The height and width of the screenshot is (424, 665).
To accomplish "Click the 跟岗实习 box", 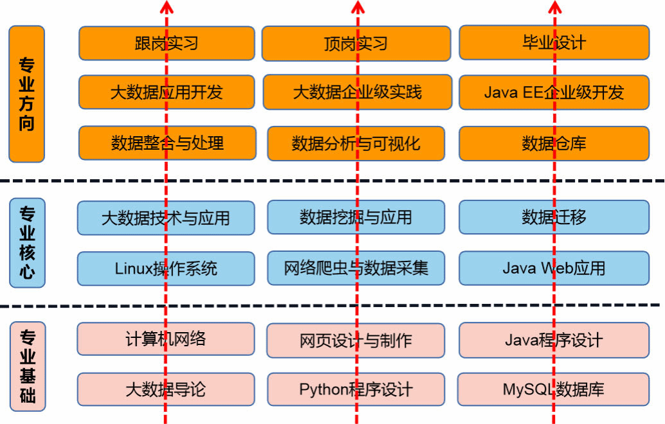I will (x=167, y=43).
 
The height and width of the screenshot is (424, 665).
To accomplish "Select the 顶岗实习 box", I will (x=356, y=43).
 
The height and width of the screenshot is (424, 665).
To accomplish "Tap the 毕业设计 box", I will (x=554, y=42).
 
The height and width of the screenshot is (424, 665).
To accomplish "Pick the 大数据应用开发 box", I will (x=167, y=92).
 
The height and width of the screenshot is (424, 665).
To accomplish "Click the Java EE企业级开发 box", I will (x=554, y=92).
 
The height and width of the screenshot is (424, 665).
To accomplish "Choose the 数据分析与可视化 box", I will (x=356, y=143).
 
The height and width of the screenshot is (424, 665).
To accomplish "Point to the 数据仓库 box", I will (x=554, y=143).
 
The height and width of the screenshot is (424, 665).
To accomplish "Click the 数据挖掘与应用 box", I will (x=356, y=217).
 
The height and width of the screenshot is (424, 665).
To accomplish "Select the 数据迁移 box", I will (x=554, y=217).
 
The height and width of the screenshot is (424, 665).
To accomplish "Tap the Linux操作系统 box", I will (x=166, y=268).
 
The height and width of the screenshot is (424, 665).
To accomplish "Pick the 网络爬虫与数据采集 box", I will (x=356, y=268).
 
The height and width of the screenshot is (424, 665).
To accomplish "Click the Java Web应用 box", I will (x=554, y=268).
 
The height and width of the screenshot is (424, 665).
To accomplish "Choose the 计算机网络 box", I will (x=166, y=339).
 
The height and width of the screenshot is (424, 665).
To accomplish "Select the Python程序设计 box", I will (x=356, y=389).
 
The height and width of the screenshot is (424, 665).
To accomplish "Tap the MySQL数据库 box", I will (x=554, y=389).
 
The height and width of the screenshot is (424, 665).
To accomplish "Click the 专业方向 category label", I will (x=26, y=94).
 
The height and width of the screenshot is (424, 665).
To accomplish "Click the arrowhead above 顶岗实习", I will (x=358, y=6).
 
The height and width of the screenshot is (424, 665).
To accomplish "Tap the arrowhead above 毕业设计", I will (x=555, y=6).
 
